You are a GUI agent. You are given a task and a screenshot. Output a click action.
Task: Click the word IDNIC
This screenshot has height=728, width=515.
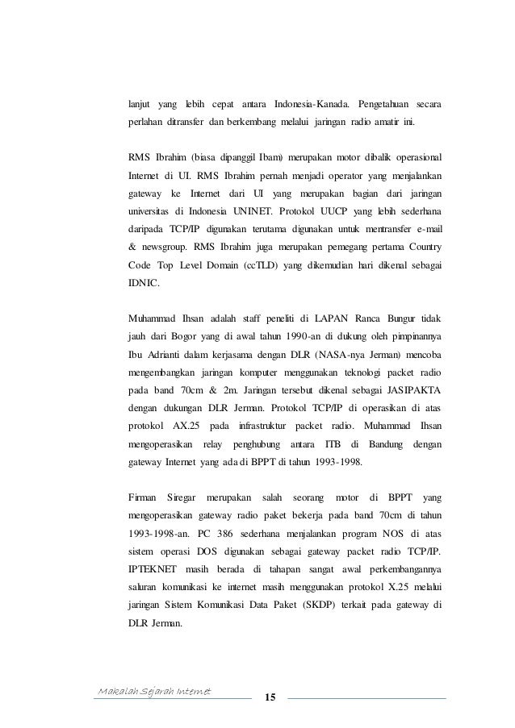(x=144, y=285)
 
